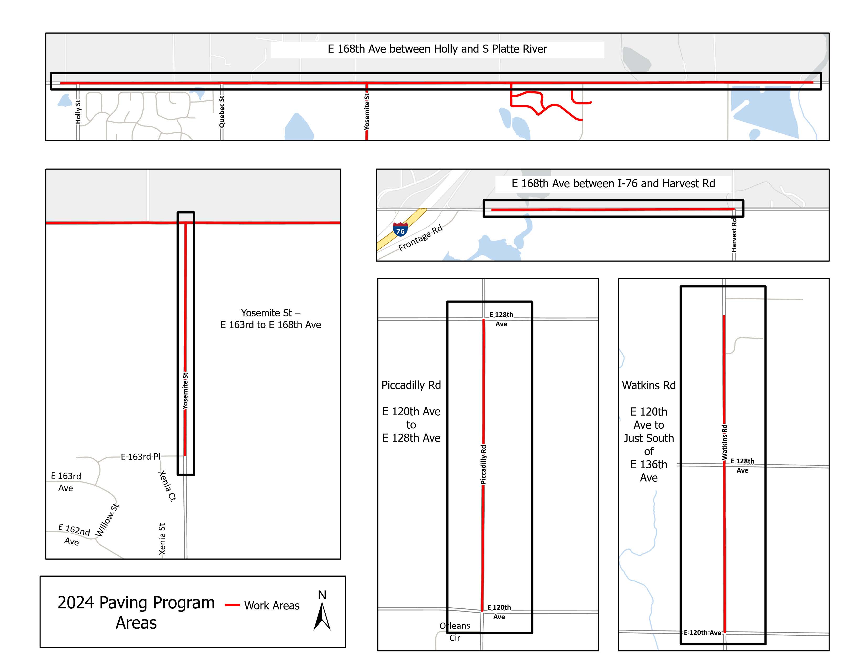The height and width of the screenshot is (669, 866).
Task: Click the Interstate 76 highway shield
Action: click(x=400, y=230)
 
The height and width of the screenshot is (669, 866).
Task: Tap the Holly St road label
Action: click(x=78, y=112)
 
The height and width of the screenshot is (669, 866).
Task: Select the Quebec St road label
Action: click(x=222, y=112)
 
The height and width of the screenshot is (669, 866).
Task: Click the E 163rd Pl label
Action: click(x=141, y=456)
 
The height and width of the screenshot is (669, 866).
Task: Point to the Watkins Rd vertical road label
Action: click(x=725, y=442)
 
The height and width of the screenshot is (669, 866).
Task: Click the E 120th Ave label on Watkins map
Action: click(x=702, y=633)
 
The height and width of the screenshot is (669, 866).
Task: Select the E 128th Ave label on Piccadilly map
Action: click(x=501, y=319)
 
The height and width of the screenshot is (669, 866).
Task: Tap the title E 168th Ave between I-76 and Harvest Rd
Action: click(x=613, y=183)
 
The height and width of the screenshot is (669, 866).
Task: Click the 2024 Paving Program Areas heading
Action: click(x=136, y=612)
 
